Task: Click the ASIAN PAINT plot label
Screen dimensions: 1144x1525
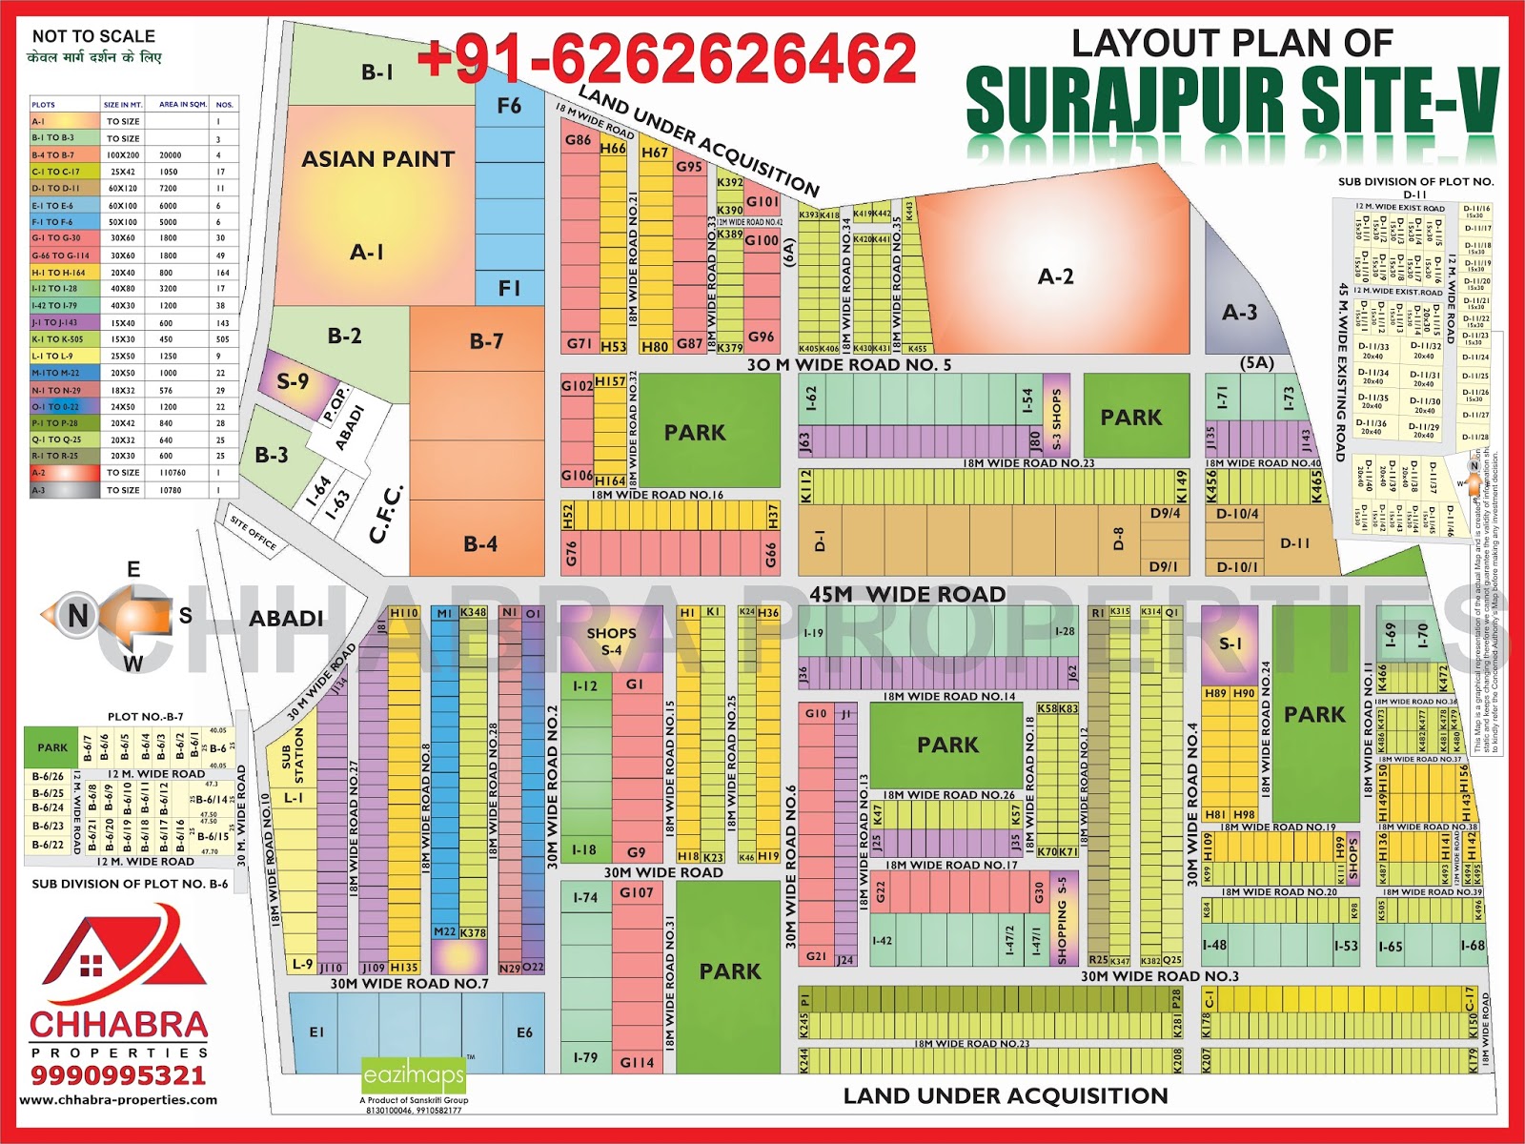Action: [378, 159]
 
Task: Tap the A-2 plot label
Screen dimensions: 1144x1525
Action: [1055, 276]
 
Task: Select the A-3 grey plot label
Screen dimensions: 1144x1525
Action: [1239, 312]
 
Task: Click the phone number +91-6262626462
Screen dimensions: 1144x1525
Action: [667, 59]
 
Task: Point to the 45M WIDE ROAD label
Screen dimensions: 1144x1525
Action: [907, 595]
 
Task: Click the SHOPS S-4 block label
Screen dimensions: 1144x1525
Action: [611, 641]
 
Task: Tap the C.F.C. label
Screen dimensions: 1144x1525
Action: [386, 515]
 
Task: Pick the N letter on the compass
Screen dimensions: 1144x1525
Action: [77, 617]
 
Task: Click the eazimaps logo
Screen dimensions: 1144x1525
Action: [414, 1076]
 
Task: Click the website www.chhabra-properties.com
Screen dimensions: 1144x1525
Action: [118, 1099]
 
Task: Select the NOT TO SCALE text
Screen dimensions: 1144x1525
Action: [93, 36]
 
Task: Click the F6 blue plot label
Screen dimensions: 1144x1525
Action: [509, 105]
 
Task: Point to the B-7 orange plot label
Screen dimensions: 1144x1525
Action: [486, 340]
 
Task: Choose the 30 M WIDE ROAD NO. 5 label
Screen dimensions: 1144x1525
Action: [848, 364]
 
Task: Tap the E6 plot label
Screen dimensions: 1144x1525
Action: [524, 1032]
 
